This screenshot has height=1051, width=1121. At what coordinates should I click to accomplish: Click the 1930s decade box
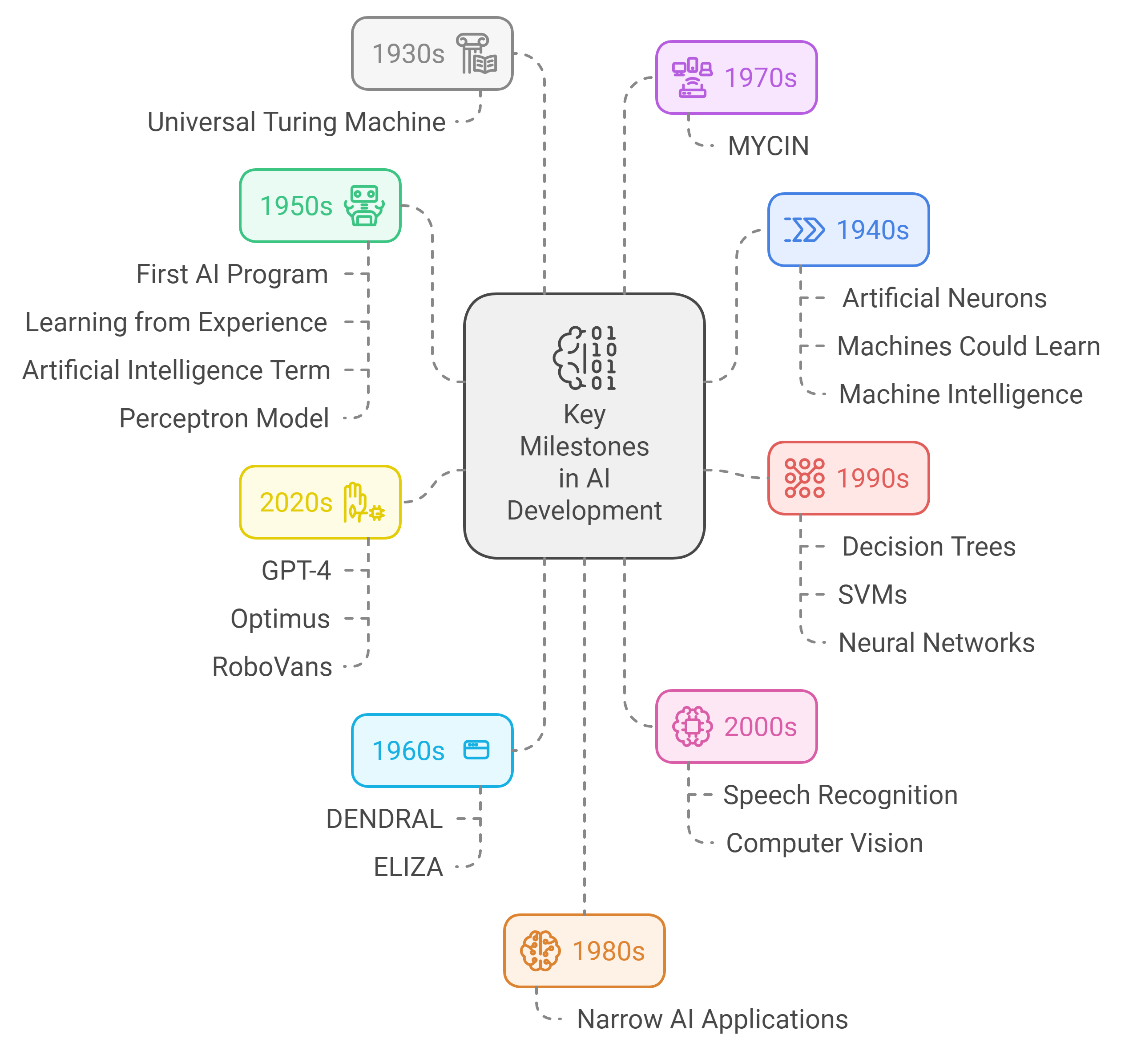[431, 53]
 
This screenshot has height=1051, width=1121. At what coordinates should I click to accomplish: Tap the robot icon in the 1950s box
[364, 206]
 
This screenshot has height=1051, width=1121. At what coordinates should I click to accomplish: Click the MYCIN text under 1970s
[768, 146]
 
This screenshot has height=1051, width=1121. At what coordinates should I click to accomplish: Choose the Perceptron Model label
[224, 418]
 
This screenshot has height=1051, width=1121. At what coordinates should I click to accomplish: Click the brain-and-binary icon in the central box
[585, 357]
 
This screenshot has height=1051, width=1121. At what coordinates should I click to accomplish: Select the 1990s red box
[848, 478]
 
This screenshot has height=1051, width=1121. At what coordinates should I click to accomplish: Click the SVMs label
[872, 595]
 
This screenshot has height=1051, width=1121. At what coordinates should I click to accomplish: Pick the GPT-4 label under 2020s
[296, 570]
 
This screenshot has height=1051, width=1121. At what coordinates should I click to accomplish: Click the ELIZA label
[408, 867]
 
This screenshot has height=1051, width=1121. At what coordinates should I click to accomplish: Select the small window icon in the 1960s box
[476, 750]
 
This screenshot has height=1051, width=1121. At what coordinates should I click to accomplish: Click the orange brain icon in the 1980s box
[540, 951]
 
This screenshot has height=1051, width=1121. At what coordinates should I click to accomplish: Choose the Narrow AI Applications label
[712, 1019]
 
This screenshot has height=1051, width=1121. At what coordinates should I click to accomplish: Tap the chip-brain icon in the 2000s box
[693, 726]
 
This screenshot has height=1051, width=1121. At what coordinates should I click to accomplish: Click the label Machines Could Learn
[968, 346]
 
